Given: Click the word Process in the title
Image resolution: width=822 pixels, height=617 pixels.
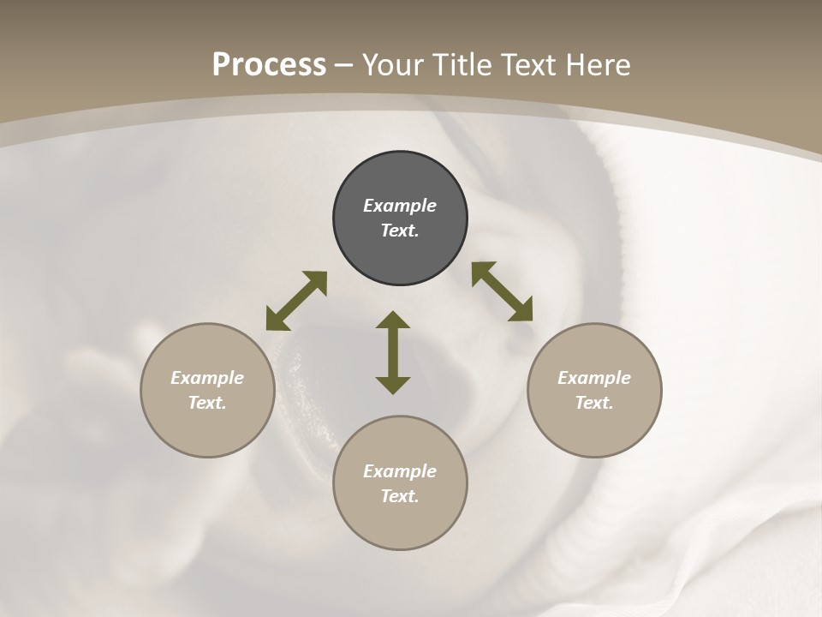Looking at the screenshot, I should [x=269, y=64].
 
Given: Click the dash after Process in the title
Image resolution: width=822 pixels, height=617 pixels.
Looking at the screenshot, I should [x=344, y=65].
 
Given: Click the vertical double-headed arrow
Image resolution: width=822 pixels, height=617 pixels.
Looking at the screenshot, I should [x=393, y=353].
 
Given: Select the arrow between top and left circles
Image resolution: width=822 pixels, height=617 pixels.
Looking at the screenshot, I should [x=296, y=301].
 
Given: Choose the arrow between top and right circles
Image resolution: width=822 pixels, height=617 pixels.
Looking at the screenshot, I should [x=502, y=291].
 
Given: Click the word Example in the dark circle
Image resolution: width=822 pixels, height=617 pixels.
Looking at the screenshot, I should [x=400, y=206].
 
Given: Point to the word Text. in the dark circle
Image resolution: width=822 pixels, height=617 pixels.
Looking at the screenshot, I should [x=400, y=231].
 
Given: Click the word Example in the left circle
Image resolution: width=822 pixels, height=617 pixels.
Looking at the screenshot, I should [x=207, y=378].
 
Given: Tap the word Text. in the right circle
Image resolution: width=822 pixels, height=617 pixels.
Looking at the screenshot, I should [x=594, y=403].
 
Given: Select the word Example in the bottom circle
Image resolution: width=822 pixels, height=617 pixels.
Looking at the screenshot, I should [x=400, y=471].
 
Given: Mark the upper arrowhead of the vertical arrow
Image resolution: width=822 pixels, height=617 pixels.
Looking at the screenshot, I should [x=393, y=320].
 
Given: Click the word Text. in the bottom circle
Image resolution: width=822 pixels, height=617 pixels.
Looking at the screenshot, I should [x=400, y=496].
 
